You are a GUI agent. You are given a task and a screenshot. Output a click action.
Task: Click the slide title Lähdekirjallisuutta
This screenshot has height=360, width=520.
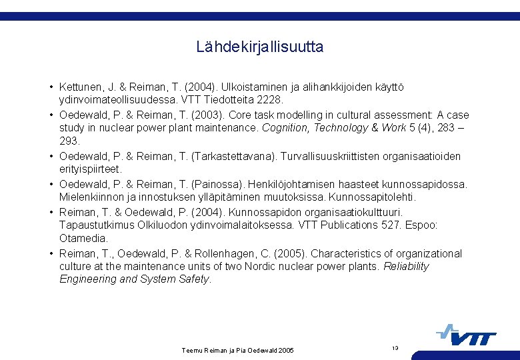point(259,47)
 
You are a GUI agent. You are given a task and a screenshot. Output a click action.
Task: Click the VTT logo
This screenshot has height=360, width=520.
point(467,335)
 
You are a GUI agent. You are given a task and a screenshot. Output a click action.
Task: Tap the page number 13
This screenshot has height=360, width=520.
point(395,347)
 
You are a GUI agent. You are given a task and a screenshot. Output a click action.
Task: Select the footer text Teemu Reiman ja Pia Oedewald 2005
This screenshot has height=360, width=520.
point(237,350)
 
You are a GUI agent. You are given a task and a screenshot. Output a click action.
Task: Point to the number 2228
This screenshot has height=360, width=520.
point(270,100)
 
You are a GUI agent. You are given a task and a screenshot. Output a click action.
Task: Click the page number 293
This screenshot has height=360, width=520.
point(69,141)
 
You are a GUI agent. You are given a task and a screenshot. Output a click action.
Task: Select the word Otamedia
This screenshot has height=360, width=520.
point(83,239)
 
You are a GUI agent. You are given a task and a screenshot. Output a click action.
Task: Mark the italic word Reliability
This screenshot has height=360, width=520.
point(406,267)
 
